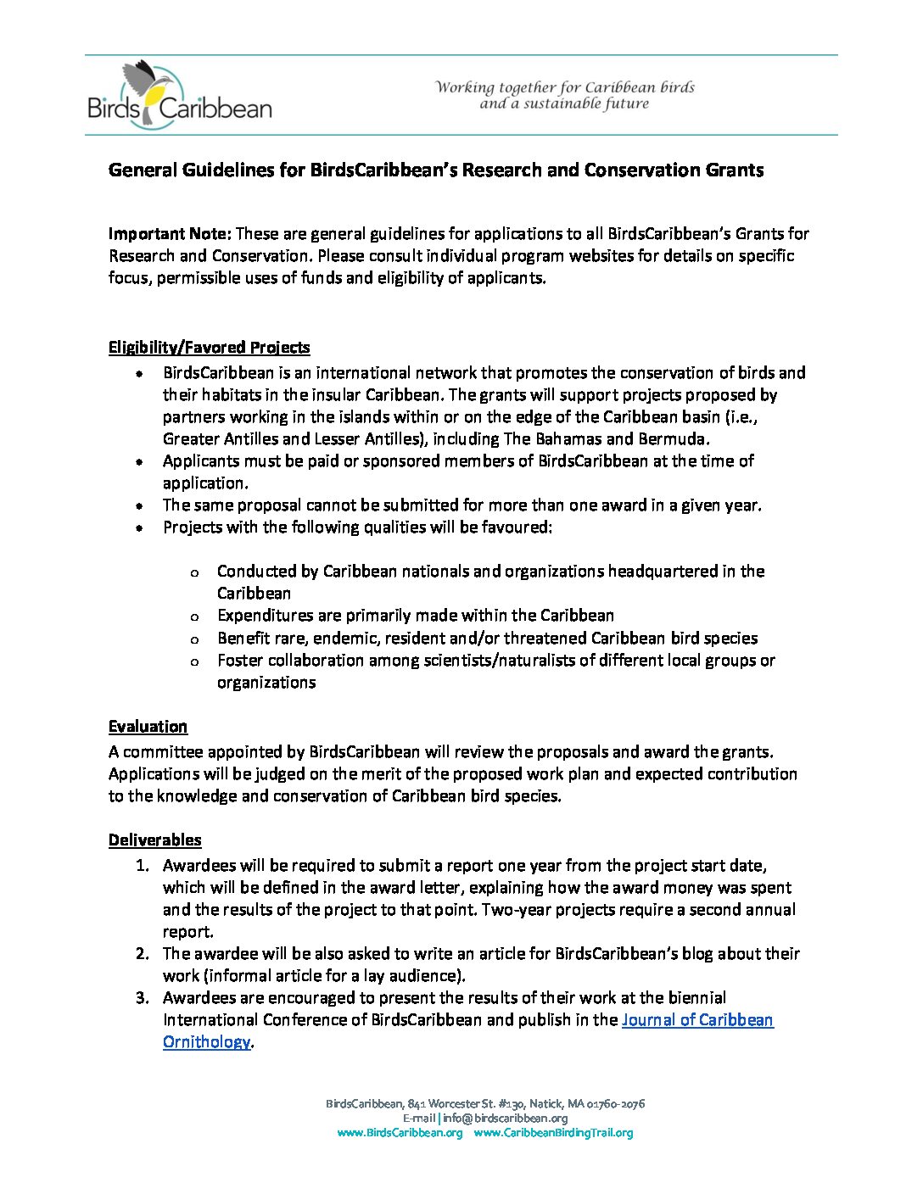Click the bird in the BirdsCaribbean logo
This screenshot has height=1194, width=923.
[x=149, y=85]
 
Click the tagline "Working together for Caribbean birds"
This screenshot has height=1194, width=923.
[x=565, y=87]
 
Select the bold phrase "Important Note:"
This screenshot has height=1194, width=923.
[x=169, y=233]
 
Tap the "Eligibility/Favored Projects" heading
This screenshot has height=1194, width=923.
[x=209, y=347]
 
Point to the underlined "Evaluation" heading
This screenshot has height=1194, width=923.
[x=148, y=726]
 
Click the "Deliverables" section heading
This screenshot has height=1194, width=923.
[x=154, y=840]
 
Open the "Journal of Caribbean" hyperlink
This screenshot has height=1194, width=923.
[x=697, y=1019]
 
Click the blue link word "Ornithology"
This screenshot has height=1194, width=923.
[x=206, y=1041]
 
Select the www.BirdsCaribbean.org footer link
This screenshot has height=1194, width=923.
[x=400, y=1133]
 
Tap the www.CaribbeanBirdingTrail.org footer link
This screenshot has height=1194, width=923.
[x=553, y=1133]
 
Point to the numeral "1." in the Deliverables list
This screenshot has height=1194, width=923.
[x=142, y=865]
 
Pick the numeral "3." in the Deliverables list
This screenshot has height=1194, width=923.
[x=142, y=997]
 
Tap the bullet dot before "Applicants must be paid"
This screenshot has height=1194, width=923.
[x=139, y=461]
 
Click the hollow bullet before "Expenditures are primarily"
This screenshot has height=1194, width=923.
[x=195, y=617]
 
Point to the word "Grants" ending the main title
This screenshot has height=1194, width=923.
[x=734, y=170]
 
